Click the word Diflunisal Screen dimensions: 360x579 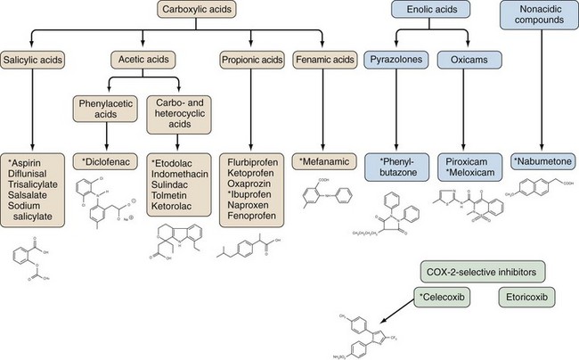click(32, 177)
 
